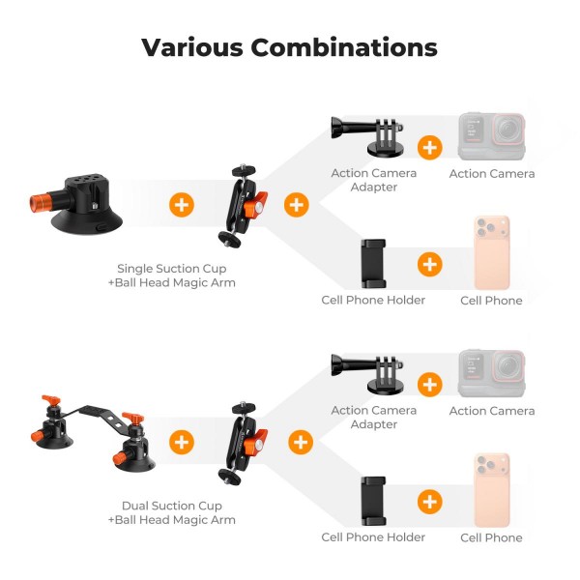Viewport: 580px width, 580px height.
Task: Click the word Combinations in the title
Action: (x=344, y=47)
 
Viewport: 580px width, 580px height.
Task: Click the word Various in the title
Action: (x=192, y=47)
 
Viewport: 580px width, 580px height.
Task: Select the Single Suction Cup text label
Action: (x=172, y=268)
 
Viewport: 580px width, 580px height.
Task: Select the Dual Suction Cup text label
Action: (x=172, y=506)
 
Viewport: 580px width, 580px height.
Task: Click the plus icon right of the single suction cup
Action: (x=182, y=205)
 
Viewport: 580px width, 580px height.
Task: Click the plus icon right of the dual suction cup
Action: (x=182, y=442)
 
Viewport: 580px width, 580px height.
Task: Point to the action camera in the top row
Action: (x=492, y=136)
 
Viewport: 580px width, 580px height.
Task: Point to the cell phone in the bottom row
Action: (x=492, y=490)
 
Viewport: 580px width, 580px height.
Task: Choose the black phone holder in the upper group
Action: (x=373, y=263)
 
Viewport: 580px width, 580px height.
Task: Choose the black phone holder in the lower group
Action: (x=373, y=501)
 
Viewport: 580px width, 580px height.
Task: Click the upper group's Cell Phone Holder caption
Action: (x=373, y=300)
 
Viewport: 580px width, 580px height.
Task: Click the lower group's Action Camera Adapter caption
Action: (x=374, y=418)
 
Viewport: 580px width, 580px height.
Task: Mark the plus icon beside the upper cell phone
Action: (x=430, y=265)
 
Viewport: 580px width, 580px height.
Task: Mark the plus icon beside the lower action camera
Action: (x=430, y=385)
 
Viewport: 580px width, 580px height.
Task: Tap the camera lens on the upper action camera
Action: (x=507, y=130)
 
